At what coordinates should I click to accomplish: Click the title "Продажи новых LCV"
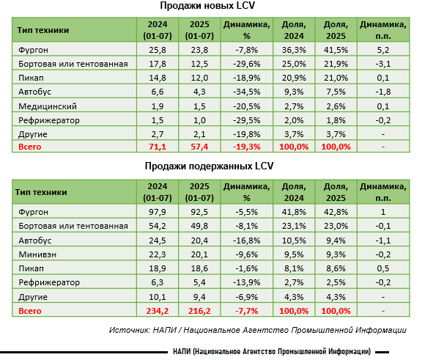point(207,6)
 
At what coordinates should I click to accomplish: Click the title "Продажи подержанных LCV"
point(209,166)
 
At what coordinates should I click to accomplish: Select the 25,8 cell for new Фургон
point(158,50)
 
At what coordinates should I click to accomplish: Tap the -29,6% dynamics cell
point(247,64)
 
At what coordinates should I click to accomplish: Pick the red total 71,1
point(158,147)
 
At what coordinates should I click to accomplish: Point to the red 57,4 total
point(199,147)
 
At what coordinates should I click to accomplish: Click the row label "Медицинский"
point(48,106)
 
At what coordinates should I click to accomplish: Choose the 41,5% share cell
point(336,50)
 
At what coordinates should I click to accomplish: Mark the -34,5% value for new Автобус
point(247,92)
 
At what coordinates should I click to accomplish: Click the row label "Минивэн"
point(37,254)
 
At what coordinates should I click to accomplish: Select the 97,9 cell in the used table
point(158,212)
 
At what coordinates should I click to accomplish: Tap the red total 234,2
point(158,311)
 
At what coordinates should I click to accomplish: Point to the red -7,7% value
point(247,311)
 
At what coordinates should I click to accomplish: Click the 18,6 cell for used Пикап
point(199,268)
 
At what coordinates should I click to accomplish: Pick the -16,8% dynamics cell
point(247,240)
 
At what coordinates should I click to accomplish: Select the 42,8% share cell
point(336,212)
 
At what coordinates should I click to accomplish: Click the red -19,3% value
point(247,147)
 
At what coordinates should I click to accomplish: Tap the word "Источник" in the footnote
point(129,330)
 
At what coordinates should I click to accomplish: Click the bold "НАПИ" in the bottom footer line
point(182,352)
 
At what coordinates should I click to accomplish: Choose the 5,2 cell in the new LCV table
point(383,50)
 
